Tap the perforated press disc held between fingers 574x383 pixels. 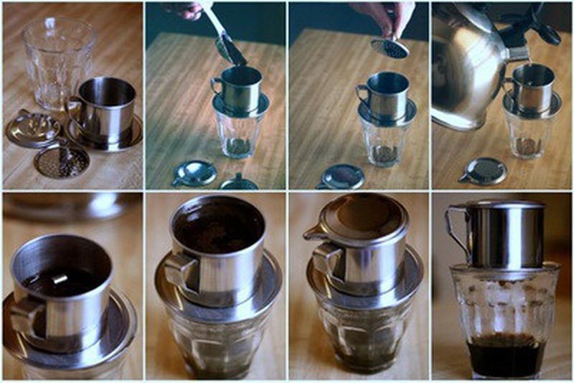click(x=390, y=48)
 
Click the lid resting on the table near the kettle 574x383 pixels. click(x=483, y=171)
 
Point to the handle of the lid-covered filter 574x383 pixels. click(x=326, y=259)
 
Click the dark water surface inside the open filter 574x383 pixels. click(x=61, y=280)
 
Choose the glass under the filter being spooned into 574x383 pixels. click(x=237, y=133)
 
